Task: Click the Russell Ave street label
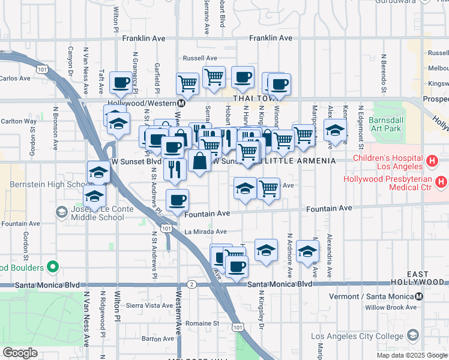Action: click(x=200, y=58)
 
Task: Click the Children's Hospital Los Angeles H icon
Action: click(x=432, y=161)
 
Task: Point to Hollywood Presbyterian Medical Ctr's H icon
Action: click(x=442, y=181)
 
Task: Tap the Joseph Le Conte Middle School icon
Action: click(x=61, y=211)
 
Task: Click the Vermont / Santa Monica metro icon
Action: click(x=419, y=296)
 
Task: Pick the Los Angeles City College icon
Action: click(x=412, y=335)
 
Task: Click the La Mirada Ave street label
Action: click(x=205, y=232)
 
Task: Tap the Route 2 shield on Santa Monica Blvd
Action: click(x=191, y=284)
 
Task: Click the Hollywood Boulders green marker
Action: click(x=53, y=266)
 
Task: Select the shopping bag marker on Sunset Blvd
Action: click(x=199, y=162)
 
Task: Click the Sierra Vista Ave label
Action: click(x=149, y=305)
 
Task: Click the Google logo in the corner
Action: click(x=20, y=353)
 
